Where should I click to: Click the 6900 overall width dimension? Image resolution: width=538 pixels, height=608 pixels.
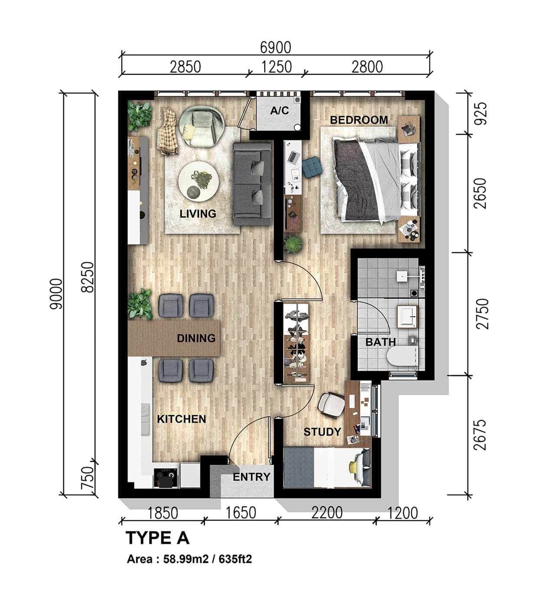(276, 47)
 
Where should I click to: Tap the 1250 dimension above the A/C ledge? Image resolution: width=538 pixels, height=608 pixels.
(276, 67)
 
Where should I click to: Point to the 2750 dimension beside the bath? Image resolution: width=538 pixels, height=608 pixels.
(482, 314)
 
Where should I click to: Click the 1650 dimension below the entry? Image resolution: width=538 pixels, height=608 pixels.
(240, 513)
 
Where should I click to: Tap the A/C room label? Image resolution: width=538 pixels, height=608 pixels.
(279, 111)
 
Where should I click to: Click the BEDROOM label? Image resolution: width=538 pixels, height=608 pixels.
(359, 120)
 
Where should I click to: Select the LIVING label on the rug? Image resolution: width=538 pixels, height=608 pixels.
(198, 214)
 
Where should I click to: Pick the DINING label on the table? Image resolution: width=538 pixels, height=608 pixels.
(196, 338)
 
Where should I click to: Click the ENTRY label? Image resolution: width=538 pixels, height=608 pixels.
(251, 477)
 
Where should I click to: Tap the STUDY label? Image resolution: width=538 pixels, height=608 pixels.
(322, 432)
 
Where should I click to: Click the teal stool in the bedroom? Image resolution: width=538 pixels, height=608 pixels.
(312, 168)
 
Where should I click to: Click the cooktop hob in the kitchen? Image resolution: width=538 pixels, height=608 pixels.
(166, 477)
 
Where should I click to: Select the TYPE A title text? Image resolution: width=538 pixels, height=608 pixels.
(157, 538)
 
